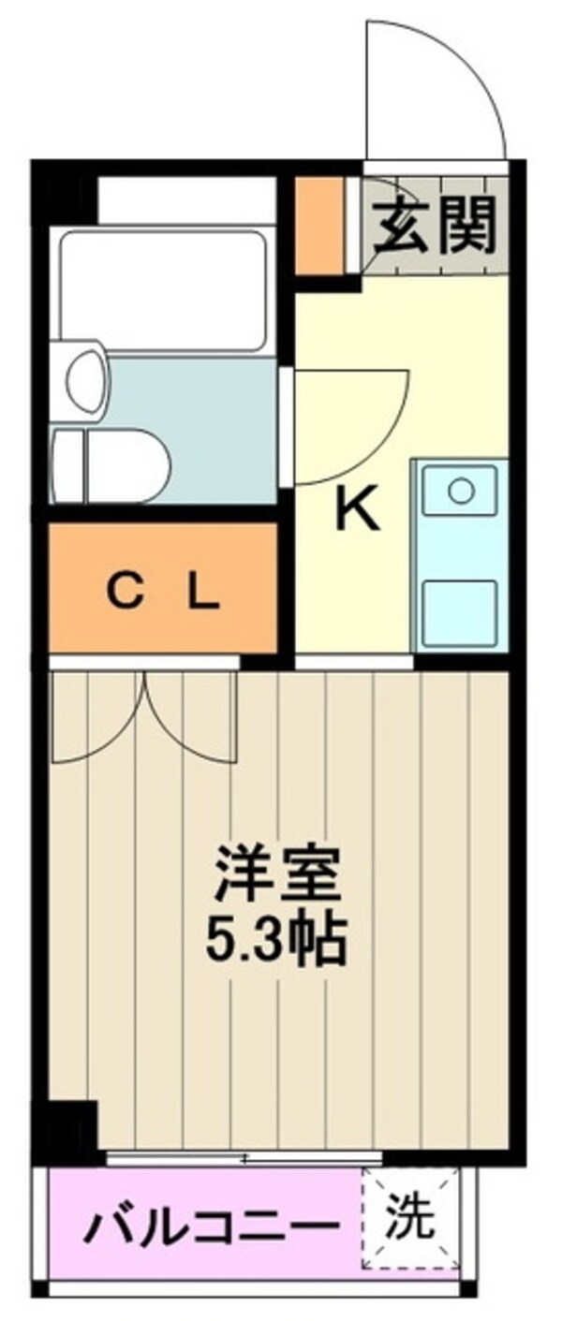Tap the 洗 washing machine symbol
click(x=411, y=1217)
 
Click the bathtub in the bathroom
click(x=163, y=290)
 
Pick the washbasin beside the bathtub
click(x=81, y=380)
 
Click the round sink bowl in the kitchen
click(x=459, y=490)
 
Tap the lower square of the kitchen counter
click(x=459, y=611)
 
